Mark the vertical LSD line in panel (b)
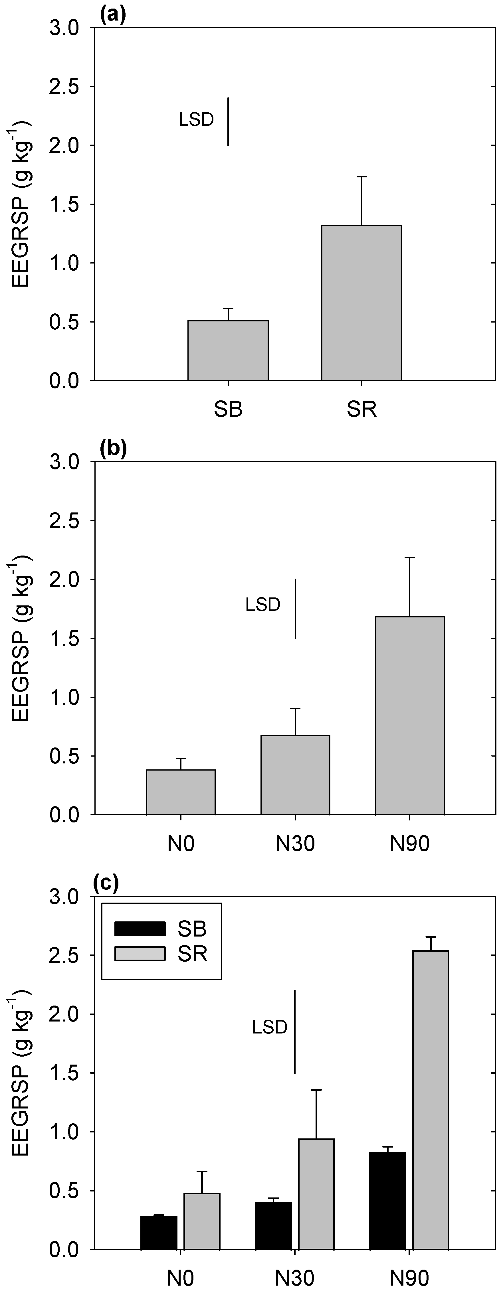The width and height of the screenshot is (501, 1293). tap(295, 608)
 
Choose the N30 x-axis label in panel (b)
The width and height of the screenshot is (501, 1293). tap(295, 844)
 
